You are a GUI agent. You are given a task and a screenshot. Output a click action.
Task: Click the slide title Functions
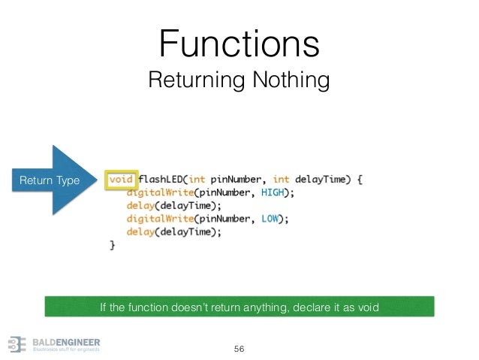tap(239, 43)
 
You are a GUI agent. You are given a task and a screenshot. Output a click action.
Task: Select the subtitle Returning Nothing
tap(239, 79)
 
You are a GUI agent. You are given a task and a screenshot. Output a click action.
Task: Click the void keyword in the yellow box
tap(122, 180)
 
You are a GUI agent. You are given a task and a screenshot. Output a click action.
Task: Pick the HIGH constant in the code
tap(276, 192)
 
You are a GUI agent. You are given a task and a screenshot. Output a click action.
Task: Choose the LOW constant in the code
tap(273, 219)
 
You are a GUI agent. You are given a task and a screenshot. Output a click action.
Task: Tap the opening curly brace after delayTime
tap(360, 180)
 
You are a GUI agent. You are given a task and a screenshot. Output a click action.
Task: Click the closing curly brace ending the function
tap(113, 245)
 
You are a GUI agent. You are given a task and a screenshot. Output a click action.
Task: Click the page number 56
tap(239, 349)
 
